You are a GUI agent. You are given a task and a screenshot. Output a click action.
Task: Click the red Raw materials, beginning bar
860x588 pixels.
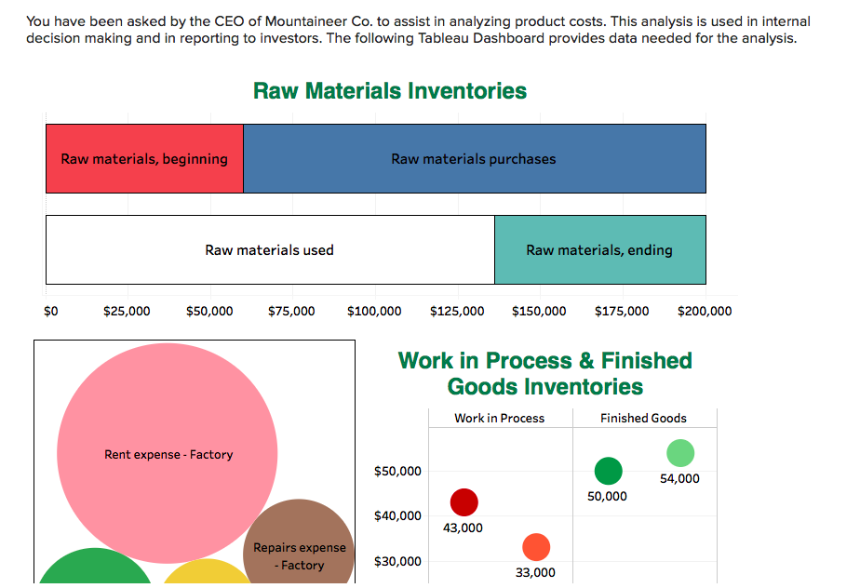[x=144, y=159]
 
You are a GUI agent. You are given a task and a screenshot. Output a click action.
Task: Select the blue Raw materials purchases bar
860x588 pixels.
[x=474, y=159]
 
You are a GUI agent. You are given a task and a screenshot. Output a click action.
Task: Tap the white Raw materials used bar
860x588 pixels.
[x=270, y=250]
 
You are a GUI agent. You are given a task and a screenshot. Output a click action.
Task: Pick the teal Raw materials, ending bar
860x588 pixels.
[x=599, y=250]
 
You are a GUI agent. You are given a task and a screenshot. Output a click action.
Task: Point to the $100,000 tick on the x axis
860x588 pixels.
[x=374, y=312]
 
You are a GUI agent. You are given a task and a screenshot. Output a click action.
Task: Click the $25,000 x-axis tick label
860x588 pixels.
[x=127, y=312]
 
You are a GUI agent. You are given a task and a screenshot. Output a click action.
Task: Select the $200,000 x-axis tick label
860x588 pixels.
[x=705, y=312]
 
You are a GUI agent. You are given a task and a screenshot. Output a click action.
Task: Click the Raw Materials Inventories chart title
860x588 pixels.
[x=390, y=91]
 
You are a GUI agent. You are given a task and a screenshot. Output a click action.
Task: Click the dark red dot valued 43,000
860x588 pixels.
[x=464, y=503]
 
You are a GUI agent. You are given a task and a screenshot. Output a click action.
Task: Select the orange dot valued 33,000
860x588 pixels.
[x=536, y=547]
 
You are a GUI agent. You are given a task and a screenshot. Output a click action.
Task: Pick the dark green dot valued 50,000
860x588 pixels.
[x=608, y=472]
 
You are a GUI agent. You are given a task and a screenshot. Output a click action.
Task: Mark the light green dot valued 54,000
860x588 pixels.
[x=680, y=453]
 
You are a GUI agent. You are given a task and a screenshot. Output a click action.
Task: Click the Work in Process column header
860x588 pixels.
[x=499, y=419]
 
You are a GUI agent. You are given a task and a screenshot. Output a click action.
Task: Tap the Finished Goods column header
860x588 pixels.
[x=643, y=419]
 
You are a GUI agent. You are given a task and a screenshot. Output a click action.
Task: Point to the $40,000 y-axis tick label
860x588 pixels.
[x=397, y=516]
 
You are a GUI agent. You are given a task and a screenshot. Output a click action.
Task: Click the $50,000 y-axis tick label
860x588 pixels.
[x=397, y=472]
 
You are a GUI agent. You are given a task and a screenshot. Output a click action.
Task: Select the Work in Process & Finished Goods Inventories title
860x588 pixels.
[x=544, y=373]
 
